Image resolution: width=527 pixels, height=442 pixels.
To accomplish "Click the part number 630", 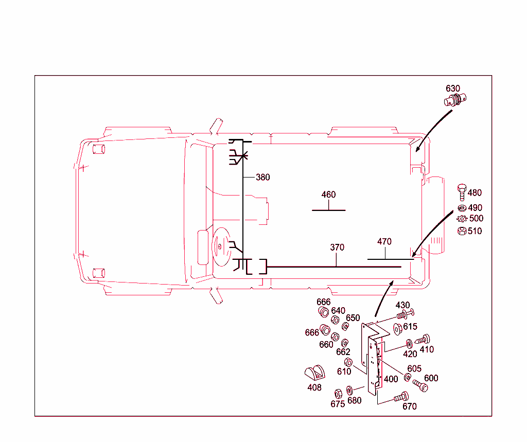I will (453, 89).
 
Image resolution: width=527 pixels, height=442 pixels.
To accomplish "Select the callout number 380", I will (262, 178).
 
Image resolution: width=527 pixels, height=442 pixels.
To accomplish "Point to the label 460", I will (328, 195).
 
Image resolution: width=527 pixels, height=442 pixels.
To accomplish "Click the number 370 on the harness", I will (337, 247).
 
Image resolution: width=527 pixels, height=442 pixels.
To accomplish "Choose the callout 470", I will (384, 241).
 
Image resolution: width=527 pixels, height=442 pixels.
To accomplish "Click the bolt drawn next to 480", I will (462, 193).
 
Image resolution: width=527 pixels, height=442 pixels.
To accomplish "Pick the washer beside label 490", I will (462, 208).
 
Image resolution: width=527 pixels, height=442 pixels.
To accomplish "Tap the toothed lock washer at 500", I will (462, 219).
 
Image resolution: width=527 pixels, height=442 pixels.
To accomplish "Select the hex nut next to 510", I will (462, 231).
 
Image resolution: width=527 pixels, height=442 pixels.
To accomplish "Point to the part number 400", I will (391, 379).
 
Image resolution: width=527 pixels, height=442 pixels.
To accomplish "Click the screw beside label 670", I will (401, 397).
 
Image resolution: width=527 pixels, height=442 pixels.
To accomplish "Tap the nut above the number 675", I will (339, 394).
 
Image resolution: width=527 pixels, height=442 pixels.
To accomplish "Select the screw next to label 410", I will (423, 340).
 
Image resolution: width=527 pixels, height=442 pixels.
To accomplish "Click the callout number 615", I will (410, 327).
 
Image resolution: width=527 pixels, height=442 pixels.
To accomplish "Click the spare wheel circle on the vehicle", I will (220, 247).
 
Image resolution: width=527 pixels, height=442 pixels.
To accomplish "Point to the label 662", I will (343, 352).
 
